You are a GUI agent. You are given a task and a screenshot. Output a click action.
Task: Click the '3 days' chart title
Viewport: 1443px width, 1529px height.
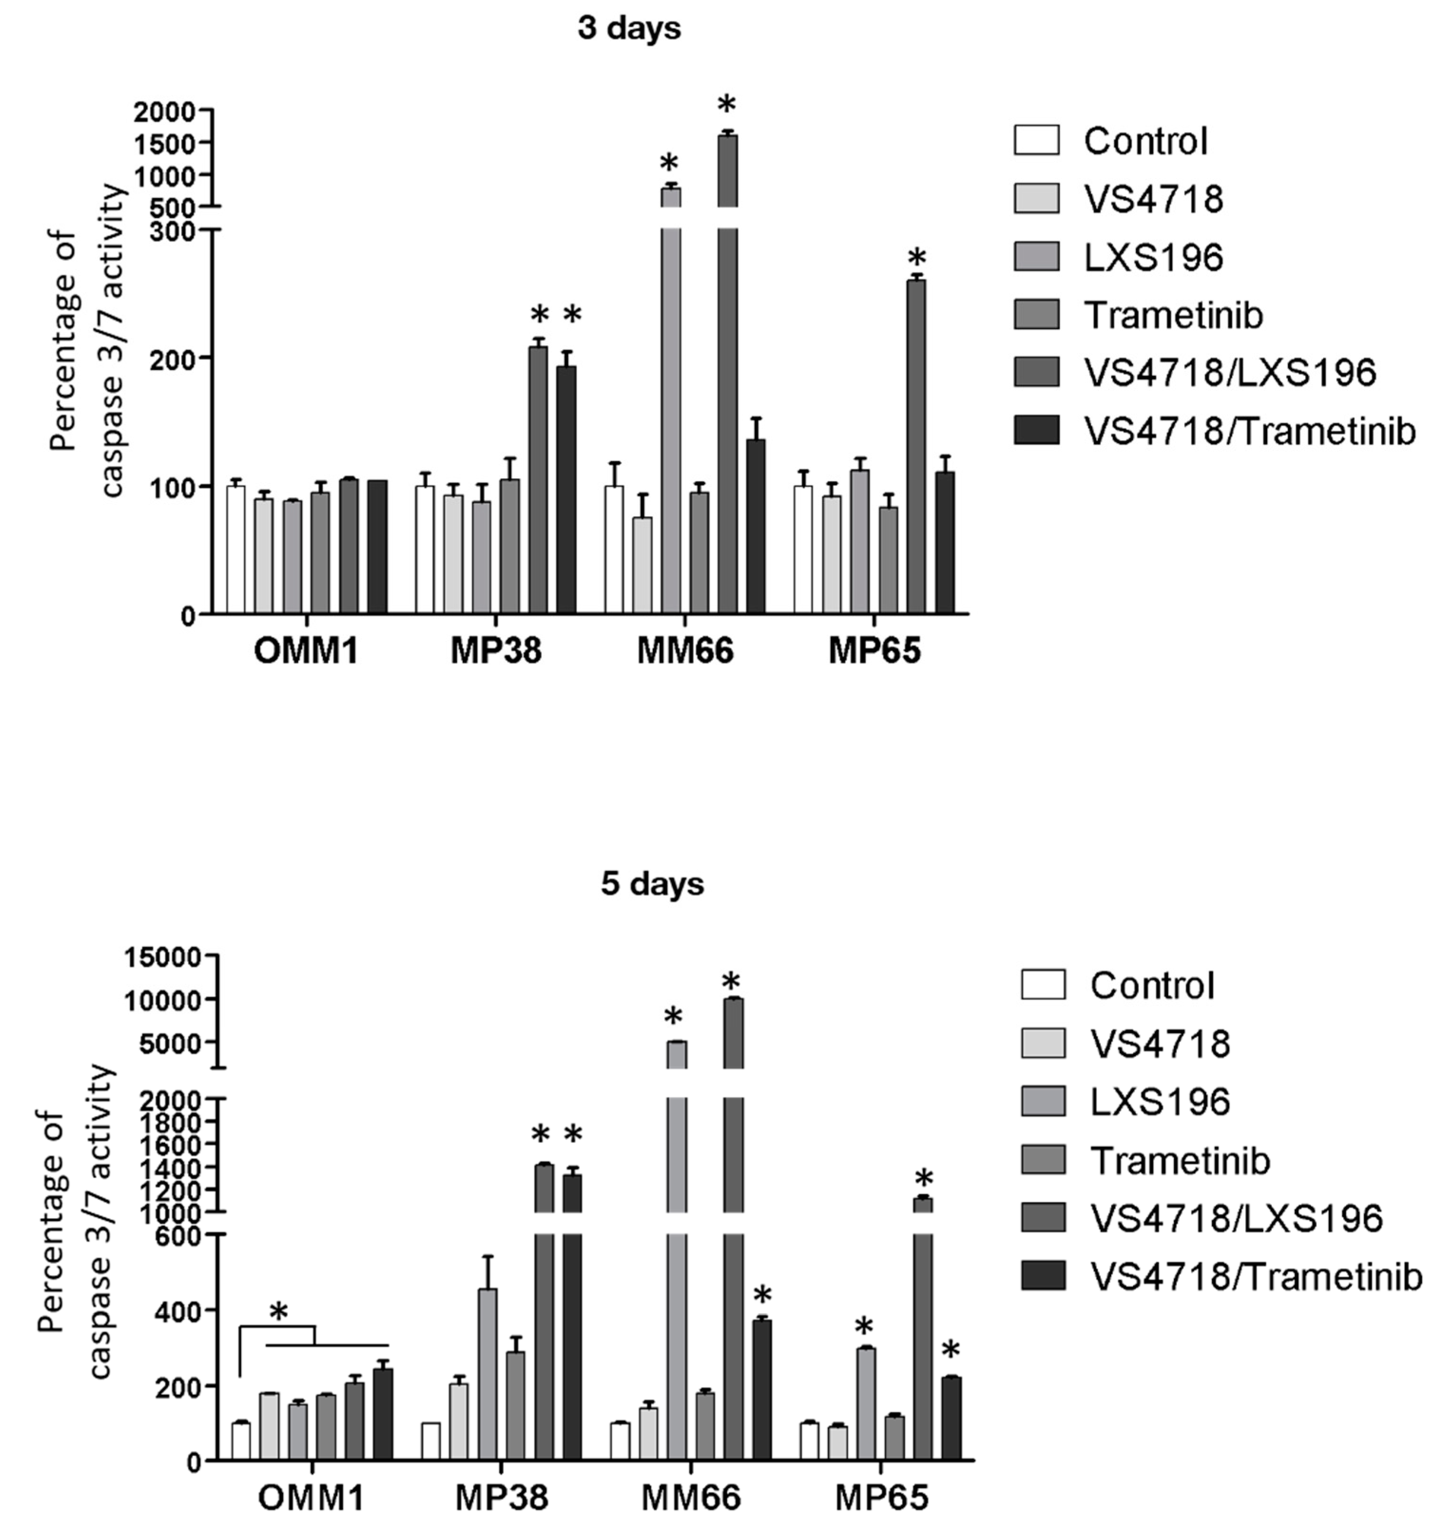click(x=629, y=29)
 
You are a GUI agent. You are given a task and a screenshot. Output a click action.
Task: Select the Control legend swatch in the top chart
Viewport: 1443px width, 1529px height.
click(x=1036, y=141)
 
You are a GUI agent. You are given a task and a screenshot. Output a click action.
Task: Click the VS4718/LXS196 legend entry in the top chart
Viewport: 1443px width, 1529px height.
click(x=1229, y=372)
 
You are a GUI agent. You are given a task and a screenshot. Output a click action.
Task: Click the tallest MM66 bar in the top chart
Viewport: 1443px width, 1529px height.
click(x=728, y=385)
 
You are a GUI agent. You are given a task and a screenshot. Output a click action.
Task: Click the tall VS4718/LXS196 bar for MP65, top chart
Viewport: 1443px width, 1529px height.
click(x=916, y=446)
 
